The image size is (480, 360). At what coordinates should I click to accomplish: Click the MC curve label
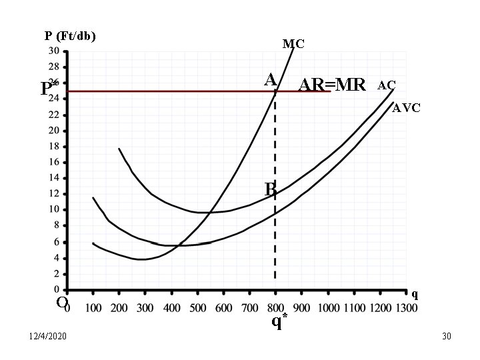[x=293, y=44]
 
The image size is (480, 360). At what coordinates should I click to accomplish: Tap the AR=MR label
[x=332, y=85]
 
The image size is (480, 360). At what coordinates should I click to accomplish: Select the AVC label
[x=406, y=108]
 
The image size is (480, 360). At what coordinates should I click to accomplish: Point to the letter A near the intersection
[x=270, y=80]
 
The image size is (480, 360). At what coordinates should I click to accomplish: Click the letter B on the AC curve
[x=270, y=189]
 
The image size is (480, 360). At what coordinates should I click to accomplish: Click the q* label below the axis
[x=279, y=322]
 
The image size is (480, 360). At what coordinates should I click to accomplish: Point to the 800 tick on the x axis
[x=275, y=308]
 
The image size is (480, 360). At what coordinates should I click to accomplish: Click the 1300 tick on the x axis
[x=406, y=308]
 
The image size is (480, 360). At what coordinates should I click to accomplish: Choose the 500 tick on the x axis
[x=197, y=308]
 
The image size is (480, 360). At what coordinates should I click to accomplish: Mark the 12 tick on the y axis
[x=53, y=194]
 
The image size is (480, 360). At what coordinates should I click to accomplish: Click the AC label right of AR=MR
[x=387, y=85]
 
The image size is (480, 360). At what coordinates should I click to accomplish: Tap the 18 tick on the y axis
[x=53, y=147]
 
